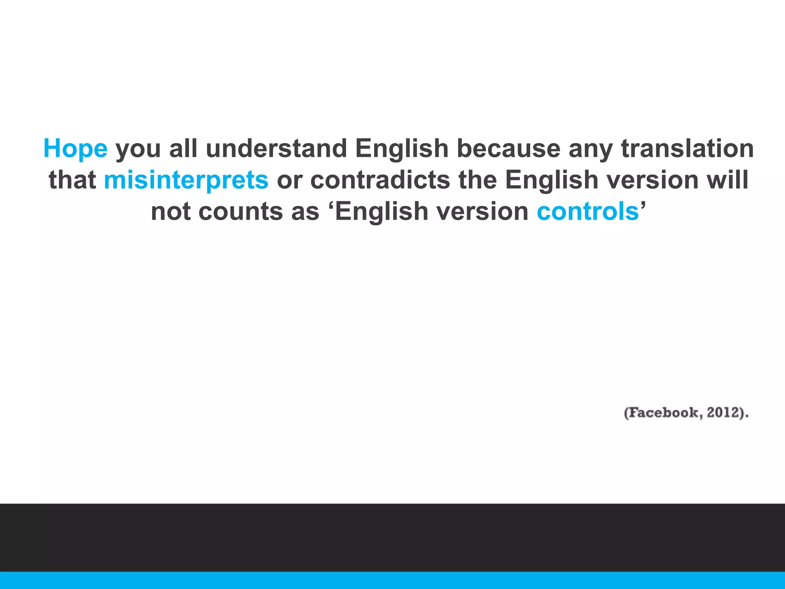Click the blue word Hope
(76, 148)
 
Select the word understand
(276, 148)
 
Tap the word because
(509, 148)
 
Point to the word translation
(687, 148)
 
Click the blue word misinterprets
(186, 180)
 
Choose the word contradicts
(380, 180)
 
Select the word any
(591, 148)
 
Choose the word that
(72, 180)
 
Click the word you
(138, 148)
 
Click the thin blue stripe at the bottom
(392, 580)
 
